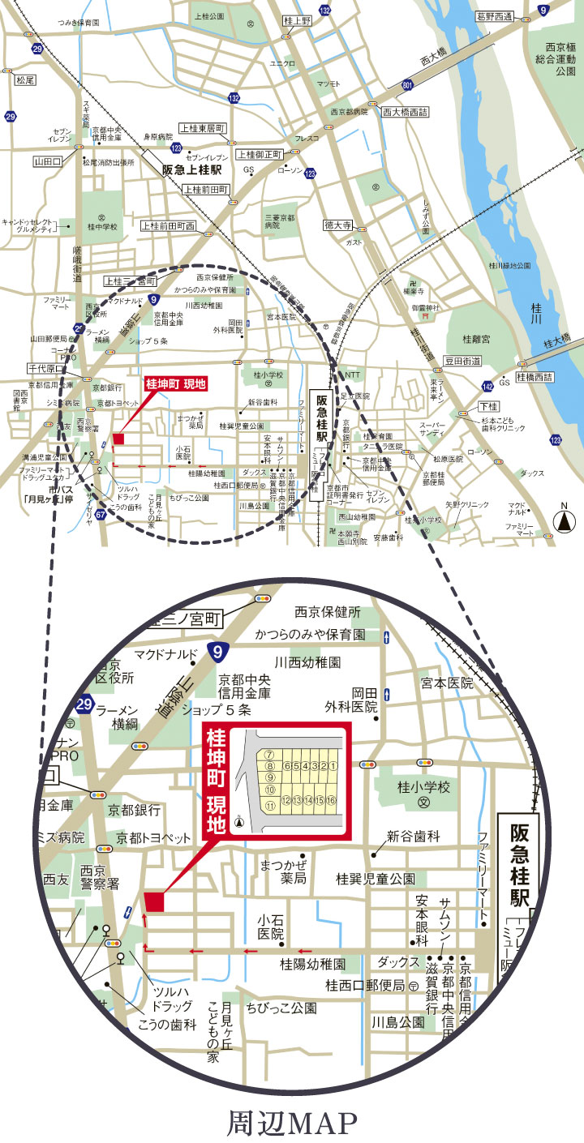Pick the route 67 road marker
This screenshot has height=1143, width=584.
[101, 515]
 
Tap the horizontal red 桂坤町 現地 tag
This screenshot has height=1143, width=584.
[175, 383]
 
